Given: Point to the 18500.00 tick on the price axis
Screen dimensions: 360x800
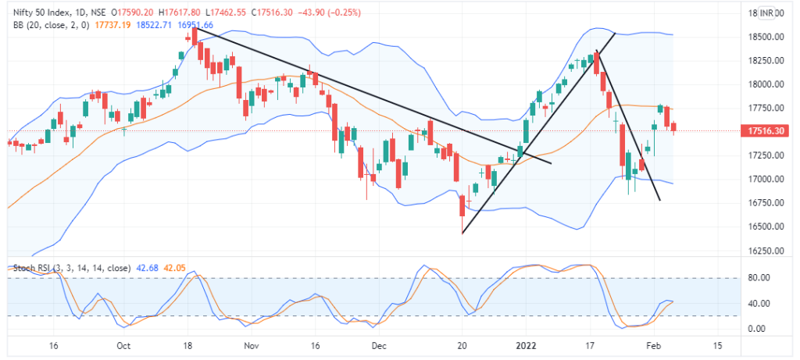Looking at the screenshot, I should pyautogui.click(x=762, y=37).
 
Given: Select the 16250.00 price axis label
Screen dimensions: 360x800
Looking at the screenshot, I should pyautogui.click(x=762, y=251).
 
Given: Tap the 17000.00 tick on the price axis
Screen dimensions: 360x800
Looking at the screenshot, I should pyautogui.click(x=762, y=179).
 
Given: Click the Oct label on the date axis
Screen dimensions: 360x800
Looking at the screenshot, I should pyautogui.click(x=122, y=344).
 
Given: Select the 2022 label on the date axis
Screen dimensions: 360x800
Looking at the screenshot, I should pyautogui.click(x=526, y=344).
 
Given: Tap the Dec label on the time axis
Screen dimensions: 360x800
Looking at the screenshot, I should pyautogui.click(x=378, y=344).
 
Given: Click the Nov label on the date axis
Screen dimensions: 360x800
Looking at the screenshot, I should pyautogui.click(x=250, y=344).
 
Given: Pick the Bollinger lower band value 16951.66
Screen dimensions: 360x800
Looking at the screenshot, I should pyautogui.click(x=196, y=25).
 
